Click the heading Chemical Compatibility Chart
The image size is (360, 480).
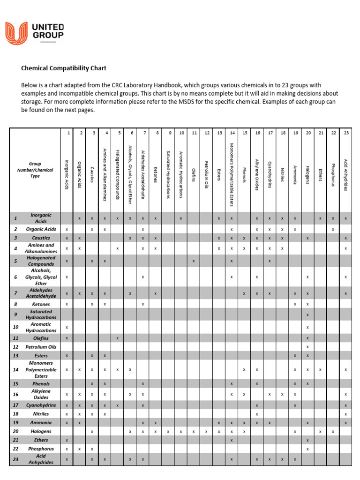[64, 68]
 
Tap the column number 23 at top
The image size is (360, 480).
[346, 133]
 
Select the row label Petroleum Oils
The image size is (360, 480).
[41, 347]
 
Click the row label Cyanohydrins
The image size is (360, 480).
[41, 405]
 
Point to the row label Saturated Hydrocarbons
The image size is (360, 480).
[41, 315]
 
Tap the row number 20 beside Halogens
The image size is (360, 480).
[15, 431]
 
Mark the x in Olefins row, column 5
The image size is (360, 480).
[117, 338]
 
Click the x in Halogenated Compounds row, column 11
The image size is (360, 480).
[194, 261]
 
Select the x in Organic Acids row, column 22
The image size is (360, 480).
[333, 229]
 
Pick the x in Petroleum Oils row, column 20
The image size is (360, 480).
[307, 347]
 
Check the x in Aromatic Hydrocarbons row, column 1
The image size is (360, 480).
[67, 327]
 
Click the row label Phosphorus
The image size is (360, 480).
[41, 449]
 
